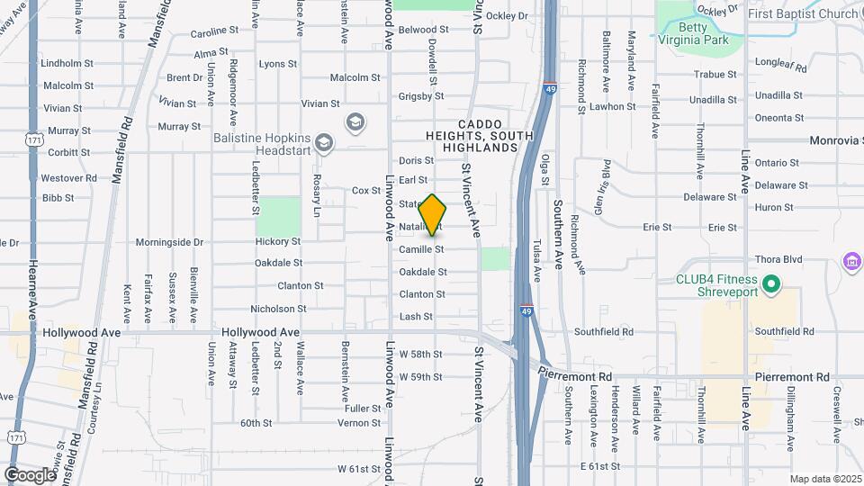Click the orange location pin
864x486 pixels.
point(433,215)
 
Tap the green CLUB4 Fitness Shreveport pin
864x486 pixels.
point(770,285)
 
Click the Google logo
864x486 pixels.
point(31,474)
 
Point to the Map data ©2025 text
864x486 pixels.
point(823,479)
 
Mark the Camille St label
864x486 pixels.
point(421,248)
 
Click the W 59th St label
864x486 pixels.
point(420,376)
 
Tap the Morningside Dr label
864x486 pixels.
point(170,242)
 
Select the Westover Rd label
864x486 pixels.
point(68,178)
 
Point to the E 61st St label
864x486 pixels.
point(600,466)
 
